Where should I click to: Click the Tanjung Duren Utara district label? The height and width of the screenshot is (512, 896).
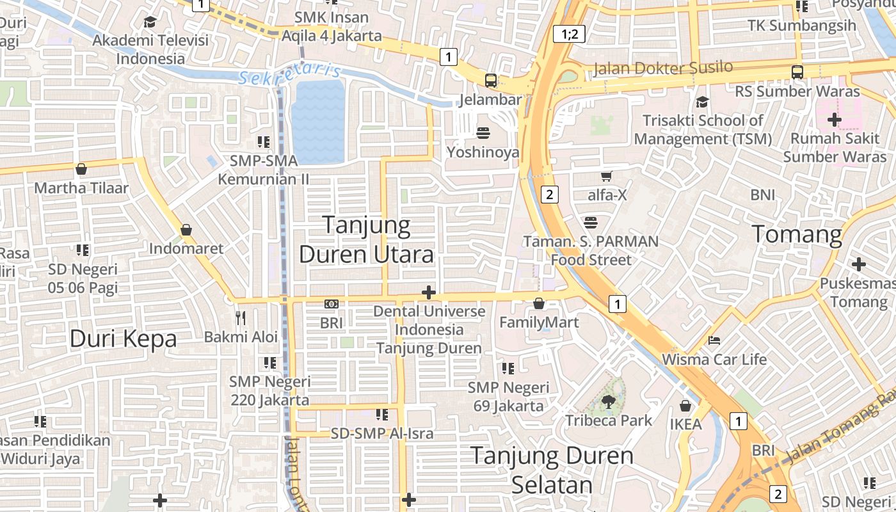[x=366, y=240]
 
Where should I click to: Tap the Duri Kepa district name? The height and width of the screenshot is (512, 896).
[x=123, y=339]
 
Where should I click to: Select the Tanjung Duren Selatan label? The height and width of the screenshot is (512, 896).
[x=552, y=470]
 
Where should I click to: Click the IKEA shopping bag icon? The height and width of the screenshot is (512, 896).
[x=685, y=406]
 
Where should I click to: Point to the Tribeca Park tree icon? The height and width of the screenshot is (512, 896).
[x=608, y=401]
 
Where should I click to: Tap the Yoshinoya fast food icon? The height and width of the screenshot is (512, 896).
[x=483, y=133]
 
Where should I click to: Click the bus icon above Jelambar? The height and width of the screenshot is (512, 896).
[x=491, y=81]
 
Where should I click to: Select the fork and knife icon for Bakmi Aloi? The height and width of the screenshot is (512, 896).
[x=241, y=317]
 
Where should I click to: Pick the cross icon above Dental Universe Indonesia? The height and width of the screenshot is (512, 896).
[x=429, y=293]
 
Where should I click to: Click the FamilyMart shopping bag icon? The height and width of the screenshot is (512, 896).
[x=539, y=303]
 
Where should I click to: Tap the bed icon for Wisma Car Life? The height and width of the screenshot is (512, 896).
[x=714, y=340]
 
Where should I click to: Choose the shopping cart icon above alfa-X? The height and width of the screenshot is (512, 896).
[x=607, y=176]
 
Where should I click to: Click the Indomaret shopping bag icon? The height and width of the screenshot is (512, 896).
[x=186, y=230]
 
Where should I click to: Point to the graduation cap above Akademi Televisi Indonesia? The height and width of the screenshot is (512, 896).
[x=150, y=22]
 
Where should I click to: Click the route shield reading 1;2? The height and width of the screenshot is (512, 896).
[x=570, y=34]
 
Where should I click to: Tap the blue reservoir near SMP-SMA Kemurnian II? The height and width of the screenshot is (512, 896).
[x=318, y=122]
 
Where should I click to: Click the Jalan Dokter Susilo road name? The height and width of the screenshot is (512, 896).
[x=663, y=68]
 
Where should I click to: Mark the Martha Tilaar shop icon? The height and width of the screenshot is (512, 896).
[x=81, y=169]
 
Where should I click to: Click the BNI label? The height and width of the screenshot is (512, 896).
[x=763, y=195]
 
